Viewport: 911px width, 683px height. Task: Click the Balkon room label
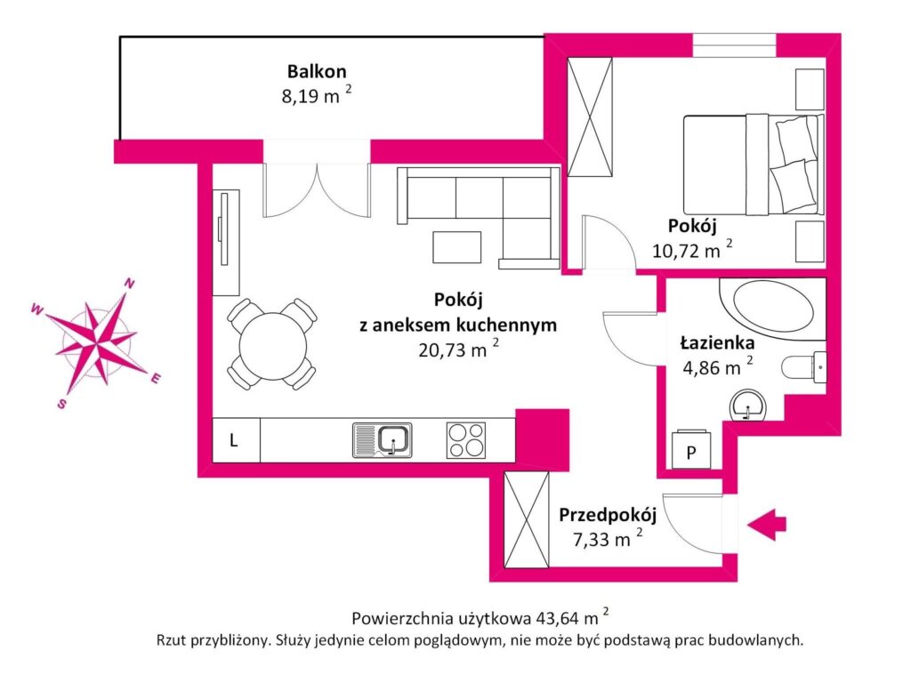[316, 71]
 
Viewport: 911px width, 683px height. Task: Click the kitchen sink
[383, 439]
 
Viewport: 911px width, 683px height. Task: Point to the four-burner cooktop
[466, 439]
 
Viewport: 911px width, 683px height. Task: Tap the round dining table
[272, 343]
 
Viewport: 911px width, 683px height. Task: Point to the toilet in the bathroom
[804, 366]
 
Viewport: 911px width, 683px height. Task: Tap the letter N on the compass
[130, 284]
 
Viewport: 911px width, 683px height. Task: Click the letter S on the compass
[61, 403]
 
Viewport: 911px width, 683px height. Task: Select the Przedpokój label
[608, 515]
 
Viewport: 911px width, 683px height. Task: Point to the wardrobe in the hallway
[527, 519]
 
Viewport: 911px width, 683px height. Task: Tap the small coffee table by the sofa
[457, 246]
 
